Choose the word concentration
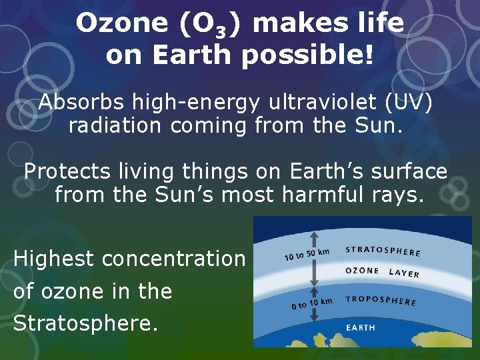(174, 259)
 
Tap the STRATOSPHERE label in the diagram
(383, 251)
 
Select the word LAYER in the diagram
(405, 273)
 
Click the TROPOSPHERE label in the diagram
(381, 300)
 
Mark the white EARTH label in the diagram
(360, 327)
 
